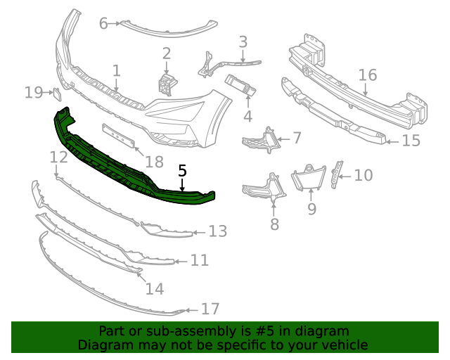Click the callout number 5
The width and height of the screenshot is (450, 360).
[182, 170]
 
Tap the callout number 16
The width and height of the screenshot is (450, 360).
[368, 75]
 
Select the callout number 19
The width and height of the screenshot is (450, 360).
[34, 92]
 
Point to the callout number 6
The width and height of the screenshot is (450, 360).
[103, 23]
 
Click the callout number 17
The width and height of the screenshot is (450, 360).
[210, 309]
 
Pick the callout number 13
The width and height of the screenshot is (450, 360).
[218, 231]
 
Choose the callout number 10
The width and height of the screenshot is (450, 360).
[363, 174]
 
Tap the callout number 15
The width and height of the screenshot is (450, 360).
[411, 141]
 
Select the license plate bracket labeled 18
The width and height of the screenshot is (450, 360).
[119, 136]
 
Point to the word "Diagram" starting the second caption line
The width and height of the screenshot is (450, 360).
[103, 345]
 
